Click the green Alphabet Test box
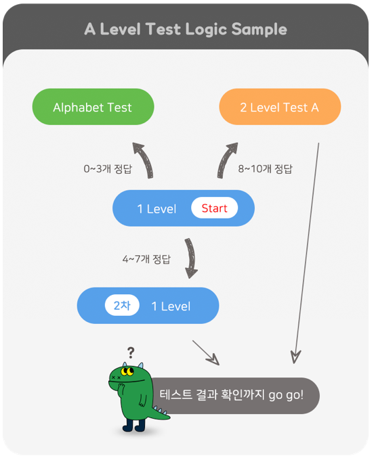click(x=93, y=107)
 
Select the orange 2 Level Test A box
click(x=280, y=107)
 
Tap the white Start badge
click(x=215, y=208)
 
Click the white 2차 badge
click(x=122, y=305)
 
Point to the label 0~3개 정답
click(x=108, y=168)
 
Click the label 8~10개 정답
click(x=265, y=168)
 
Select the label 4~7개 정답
click(x=146, y=259)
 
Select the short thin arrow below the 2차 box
click(x=206, y=352)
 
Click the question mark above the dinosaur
click(x=131, y=352)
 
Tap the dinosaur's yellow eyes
click(x=127, y=371)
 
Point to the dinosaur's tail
click(x=160, y=413)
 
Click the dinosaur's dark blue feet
click(x=133, y=425)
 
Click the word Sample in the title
click(x=259, y=30)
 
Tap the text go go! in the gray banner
click(x=286, y=395)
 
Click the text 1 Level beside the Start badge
click(x=157, y=209)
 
